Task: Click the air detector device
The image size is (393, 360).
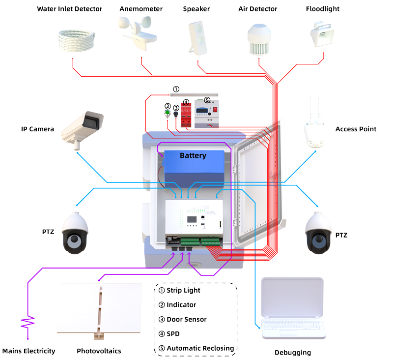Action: pos(261,37)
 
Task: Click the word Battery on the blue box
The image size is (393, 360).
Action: pos(193,155)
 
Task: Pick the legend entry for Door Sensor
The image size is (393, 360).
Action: pos(186,319)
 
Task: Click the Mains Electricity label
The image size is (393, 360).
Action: pos(28,351)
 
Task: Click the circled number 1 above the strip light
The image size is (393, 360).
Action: pos(176,89)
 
